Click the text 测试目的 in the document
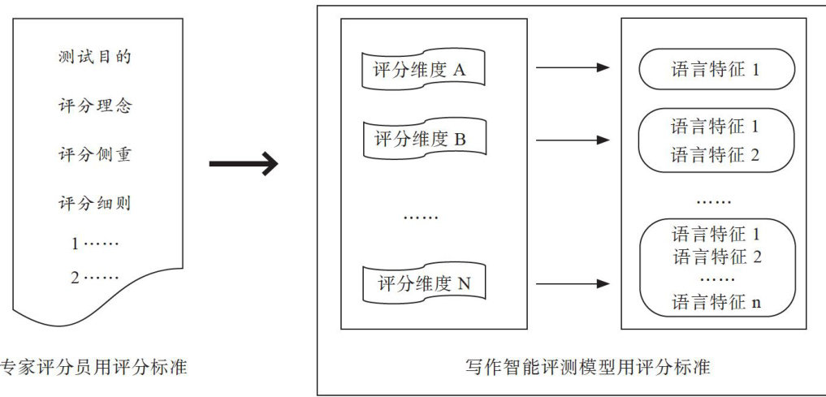click(95, 58)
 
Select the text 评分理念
click(95, 106)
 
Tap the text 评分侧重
click(95, 155)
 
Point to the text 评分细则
click(95, 203)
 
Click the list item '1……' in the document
click(95, 243)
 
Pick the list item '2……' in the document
click(95, 278)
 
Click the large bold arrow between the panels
click(243, 165)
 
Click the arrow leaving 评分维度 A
click(572, 67)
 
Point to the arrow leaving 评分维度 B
click(572, 140)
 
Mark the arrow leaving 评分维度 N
click(572, 283)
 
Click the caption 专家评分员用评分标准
click(93, 368)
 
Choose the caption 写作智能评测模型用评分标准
click(582, 368)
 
